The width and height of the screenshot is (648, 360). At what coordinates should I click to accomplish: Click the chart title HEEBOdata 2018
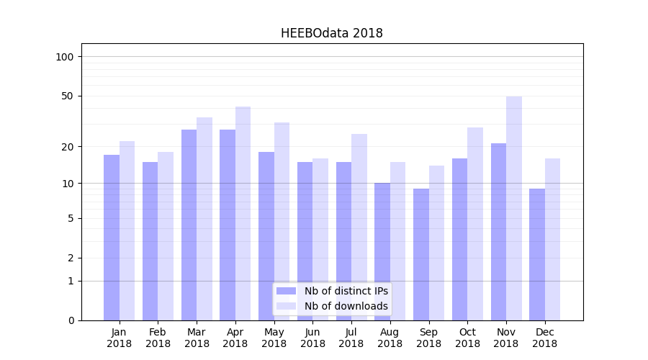click(x=331, y=33)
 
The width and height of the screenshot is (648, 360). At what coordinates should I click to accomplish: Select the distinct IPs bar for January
click(x=112, y=238)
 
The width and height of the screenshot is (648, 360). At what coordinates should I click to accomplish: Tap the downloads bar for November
click(x=514, y=209)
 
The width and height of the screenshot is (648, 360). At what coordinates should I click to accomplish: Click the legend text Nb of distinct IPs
click(x=346, y=291)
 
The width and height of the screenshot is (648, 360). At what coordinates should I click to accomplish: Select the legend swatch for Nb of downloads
click(x=286, y=306)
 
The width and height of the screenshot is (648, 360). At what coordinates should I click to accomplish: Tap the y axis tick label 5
click(x=71, y=218)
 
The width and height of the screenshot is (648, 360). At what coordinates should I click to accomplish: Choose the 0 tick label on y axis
click(x=71, y=320)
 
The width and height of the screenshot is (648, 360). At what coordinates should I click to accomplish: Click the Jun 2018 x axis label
click(x=312, y=338)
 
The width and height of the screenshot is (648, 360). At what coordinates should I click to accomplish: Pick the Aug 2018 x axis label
click(x=390, y=338)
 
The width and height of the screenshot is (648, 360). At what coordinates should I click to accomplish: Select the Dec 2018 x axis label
click(x=544, y=338)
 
